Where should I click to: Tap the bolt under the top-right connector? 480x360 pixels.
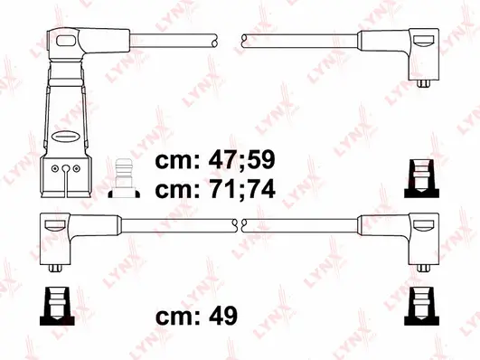coord(423,82)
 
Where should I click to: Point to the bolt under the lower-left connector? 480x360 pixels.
coord(57,268)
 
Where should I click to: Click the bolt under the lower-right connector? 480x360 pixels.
coord(423,268)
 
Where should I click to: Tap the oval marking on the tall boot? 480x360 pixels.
coord(67,136)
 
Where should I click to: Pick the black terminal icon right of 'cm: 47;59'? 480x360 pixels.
coord(419,175)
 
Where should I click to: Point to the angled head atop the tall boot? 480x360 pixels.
coord(71,40)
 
